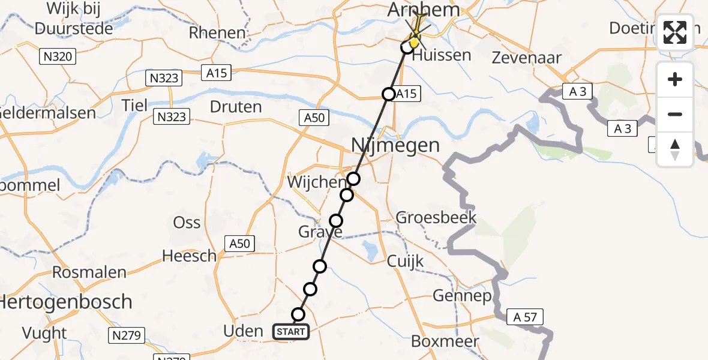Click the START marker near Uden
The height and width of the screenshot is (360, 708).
[292, 331]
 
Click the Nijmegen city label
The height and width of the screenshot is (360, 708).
[395, 145]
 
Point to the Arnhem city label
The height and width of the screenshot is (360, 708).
[424, 10]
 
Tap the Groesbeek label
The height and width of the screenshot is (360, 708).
[436, 217]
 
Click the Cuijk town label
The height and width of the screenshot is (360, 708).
[405, 261]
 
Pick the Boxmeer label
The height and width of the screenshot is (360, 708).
[445, 341]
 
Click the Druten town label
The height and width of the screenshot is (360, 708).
[236, 107]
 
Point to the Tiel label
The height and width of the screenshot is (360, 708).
[134, 105]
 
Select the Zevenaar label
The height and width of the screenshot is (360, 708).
[526, 58]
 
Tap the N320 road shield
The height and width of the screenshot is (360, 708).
[58, 57]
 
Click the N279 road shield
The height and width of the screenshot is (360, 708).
[126, 335]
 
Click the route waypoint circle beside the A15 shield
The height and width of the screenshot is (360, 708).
[389, 94]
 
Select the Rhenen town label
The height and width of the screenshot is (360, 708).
[217, 32]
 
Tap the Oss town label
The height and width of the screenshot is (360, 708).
[187, 222]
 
